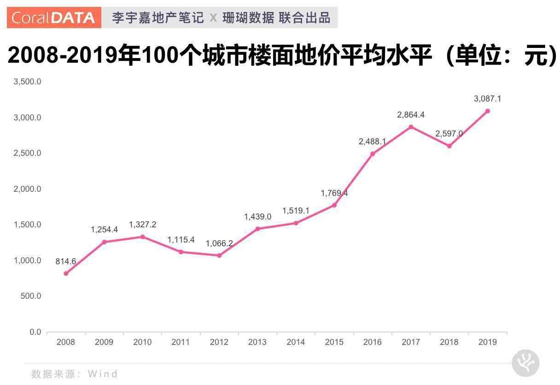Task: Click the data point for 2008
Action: pyautogui.click(x=66, y=273)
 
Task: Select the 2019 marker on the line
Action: pyautogui.click(x=487, y=111)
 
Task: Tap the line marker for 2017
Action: pyautogui.click(x=411, y=127)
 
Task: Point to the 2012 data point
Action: pyautogui.click(x=219, y=255)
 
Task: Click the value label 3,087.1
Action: pyautogui.click(x=487, y=99)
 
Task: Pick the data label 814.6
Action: pyautogui.click(x=66, y=261)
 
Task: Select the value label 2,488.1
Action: pyautogui.click(x=372, y=142)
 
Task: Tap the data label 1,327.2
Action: pyautogui.click(x=142, y=225)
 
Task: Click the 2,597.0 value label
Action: pyautogui.click(x=449, y=134)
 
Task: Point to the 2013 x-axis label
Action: pyautogui.click(x=257, y=342)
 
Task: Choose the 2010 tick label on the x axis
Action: pyautogui.click(x=142, y=342)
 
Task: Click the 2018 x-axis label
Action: pyautogui.click(x=449, y=342)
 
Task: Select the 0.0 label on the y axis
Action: pyautogui.click(x=35, y=332)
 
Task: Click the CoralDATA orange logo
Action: pyautogui.click(x=54, y=18)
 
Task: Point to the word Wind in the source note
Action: pyautogui.click(x=103, y=373)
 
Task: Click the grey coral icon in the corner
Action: pyautogui.click(x=525, y=363)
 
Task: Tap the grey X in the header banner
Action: pyautogui.click(x=213, y=18)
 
